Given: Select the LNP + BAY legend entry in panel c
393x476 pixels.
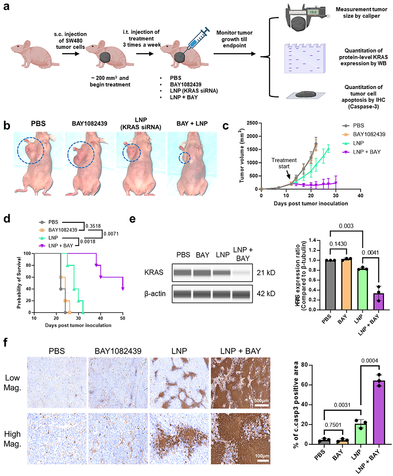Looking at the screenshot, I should pos(367,152).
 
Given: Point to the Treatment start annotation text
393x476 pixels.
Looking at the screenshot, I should pos(284,163).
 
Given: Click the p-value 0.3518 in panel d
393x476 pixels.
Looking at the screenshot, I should pos(93,226).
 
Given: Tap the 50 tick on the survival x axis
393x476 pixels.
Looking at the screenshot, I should pos(123,318).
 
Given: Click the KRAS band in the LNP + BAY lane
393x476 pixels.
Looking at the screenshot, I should pos(242,273).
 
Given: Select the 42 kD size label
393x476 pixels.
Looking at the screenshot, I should pos(266,293).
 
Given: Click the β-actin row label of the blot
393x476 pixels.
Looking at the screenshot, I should pos(155,293).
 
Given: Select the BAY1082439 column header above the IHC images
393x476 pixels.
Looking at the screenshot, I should pos(118,351).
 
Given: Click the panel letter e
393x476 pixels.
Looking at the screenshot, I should pos(133,218).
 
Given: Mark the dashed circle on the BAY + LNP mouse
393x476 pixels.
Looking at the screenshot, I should pos(184,158).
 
